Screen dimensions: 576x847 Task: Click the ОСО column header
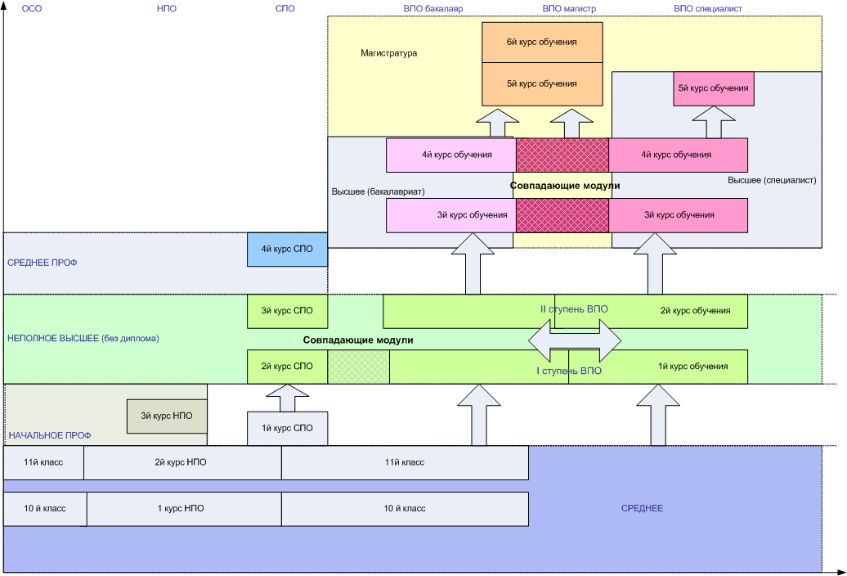pyautogui.click(x=31, y=9)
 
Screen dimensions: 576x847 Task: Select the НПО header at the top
pyautogui.click(x=166, y=9)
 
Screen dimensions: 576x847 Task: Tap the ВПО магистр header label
pyautogui.click(x=569, y=9)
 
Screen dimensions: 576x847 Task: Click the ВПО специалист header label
pyautogui.click(x=707, y=9)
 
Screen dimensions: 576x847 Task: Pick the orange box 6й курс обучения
pyautogui.click(x=542, y=43)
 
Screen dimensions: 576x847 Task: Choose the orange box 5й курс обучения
pyautogui.click(x=542, y=84)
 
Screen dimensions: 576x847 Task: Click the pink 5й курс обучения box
pyautogui.click(x=713, y=88)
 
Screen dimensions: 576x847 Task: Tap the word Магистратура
pyautogui.click(x=388, y=53)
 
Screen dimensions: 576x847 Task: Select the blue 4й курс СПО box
pyautogui.click(x=287, y=249)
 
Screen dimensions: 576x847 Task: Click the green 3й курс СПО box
pyautogui.click(x=287, y=311)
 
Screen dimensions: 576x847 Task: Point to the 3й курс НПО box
pyautogui.click(x=167, y=416)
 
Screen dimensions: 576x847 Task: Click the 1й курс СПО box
pyautogui.click(x=287, y=428)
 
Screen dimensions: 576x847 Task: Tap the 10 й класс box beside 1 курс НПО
pyautogui.click(x=45, y=509)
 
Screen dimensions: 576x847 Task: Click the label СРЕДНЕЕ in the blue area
pyautogui.click(x=642, y=509)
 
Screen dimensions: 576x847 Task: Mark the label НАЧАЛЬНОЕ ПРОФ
pyautogui.click(x=49, y=436)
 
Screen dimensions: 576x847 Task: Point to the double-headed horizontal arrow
pyautogui.click(x=575, y=340)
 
